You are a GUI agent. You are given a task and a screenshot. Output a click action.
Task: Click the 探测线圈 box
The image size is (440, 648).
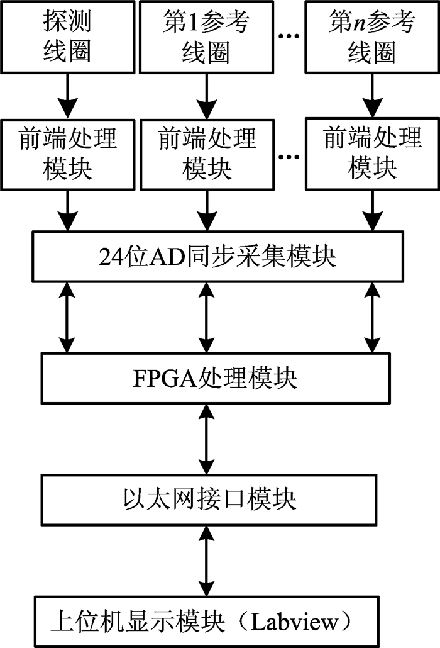68,37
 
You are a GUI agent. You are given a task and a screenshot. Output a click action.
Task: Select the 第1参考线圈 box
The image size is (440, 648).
206,37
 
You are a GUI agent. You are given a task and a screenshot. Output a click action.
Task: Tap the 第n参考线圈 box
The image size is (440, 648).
372,37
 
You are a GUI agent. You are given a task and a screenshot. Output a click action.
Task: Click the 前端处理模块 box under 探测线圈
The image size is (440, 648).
68,155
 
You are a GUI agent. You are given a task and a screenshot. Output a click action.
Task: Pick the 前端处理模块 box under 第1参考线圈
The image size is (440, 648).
207,155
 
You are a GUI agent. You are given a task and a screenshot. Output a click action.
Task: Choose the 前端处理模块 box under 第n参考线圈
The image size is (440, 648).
372,154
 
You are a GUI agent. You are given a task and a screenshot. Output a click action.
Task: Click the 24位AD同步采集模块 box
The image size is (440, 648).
218,257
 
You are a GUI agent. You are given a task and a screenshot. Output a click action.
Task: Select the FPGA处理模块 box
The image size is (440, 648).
216,378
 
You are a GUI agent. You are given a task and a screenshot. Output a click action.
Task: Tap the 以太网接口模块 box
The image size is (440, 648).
209,500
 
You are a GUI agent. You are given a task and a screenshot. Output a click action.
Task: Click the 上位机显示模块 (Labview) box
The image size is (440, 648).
206,622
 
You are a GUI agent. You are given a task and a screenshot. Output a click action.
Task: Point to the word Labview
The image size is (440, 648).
295,622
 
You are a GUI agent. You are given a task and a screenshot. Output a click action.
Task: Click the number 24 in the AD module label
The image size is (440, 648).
111,257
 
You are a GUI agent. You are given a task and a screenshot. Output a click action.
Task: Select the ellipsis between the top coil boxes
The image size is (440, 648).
289,36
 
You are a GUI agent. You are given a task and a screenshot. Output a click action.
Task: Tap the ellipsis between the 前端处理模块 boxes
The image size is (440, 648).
289,157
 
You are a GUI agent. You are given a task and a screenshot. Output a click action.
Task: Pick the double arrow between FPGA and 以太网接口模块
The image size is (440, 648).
206,439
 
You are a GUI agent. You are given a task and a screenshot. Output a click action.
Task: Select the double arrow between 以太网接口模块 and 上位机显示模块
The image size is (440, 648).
206,561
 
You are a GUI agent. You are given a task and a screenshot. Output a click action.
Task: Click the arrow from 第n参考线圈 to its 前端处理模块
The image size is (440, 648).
372,96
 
